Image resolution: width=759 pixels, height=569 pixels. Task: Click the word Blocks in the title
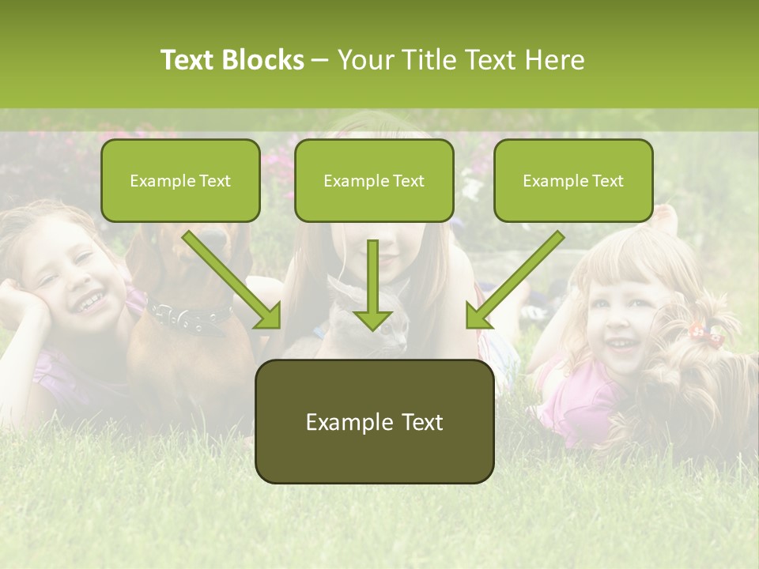point(265,60)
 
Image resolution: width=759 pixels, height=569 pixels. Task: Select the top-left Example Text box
point(180,181)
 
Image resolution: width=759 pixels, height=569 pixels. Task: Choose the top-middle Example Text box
point(374,181)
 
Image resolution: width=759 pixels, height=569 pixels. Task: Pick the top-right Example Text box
point(573,181)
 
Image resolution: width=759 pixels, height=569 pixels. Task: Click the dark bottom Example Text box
point(374,422)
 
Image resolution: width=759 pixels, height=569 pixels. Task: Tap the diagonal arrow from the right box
point(514,281)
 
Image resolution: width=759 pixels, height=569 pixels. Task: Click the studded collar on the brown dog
point(190,316)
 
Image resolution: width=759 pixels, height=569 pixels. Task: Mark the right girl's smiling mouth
point(622,345)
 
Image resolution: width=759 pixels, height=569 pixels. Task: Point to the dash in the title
point(320,60)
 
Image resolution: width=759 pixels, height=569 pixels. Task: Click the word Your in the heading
point(364,60)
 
